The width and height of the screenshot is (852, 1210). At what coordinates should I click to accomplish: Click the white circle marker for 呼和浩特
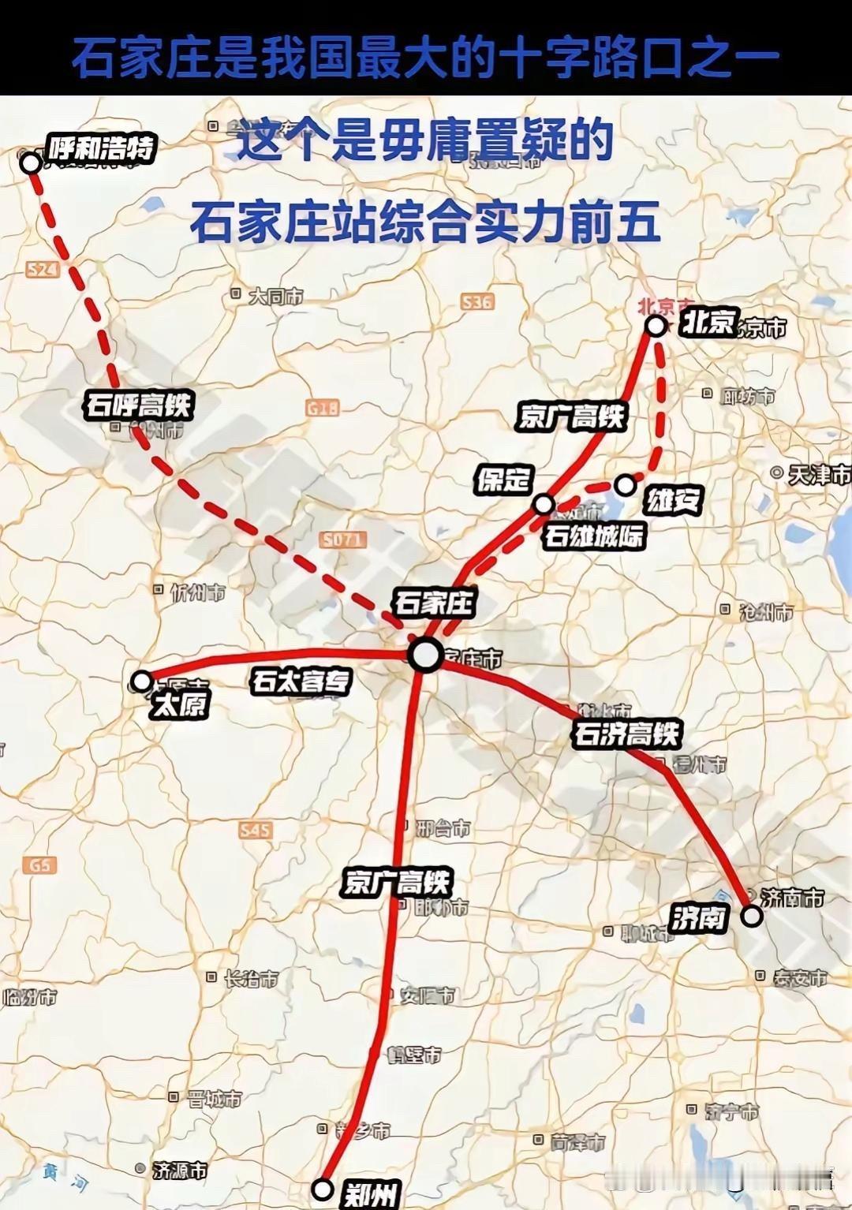point(30,163)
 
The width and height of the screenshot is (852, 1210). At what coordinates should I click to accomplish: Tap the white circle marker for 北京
point(656,326)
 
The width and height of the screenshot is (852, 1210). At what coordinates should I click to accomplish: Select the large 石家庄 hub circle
point(426,655)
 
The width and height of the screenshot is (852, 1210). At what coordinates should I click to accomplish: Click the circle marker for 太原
point(142,681)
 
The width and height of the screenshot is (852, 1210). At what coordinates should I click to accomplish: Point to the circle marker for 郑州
point(323,1189)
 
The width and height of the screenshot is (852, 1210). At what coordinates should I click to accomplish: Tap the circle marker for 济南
point(752,916)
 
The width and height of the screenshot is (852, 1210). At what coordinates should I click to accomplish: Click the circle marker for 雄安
point(626,485)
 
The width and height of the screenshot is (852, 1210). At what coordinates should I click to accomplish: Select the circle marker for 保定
point(544,504)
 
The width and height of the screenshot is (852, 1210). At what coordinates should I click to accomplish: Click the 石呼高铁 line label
point(139,405)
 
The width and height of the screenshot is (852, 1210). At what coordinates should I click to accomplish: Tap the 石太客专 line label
point(301,681)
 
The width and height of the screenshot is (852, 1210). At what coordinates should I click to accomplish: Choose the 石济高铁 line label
point(626,734)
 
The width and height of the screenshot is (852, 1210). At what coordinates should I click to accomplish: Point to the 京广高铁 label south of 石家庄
point(397,881)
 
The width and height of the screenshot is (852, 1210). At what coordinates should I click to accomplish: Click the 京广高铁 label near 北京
point(571,416)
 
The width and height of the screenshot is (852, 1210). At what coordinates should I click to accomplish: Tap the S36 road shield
point(477,301)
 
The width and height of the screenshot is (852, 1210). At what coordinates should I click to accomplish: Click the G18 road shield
point(323,408)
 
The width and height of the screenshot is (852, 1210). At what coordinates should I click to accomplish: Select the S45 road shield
point(255,830)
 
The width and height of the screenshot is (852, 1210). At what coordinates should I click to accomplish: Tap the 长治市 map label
point(250,979)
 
